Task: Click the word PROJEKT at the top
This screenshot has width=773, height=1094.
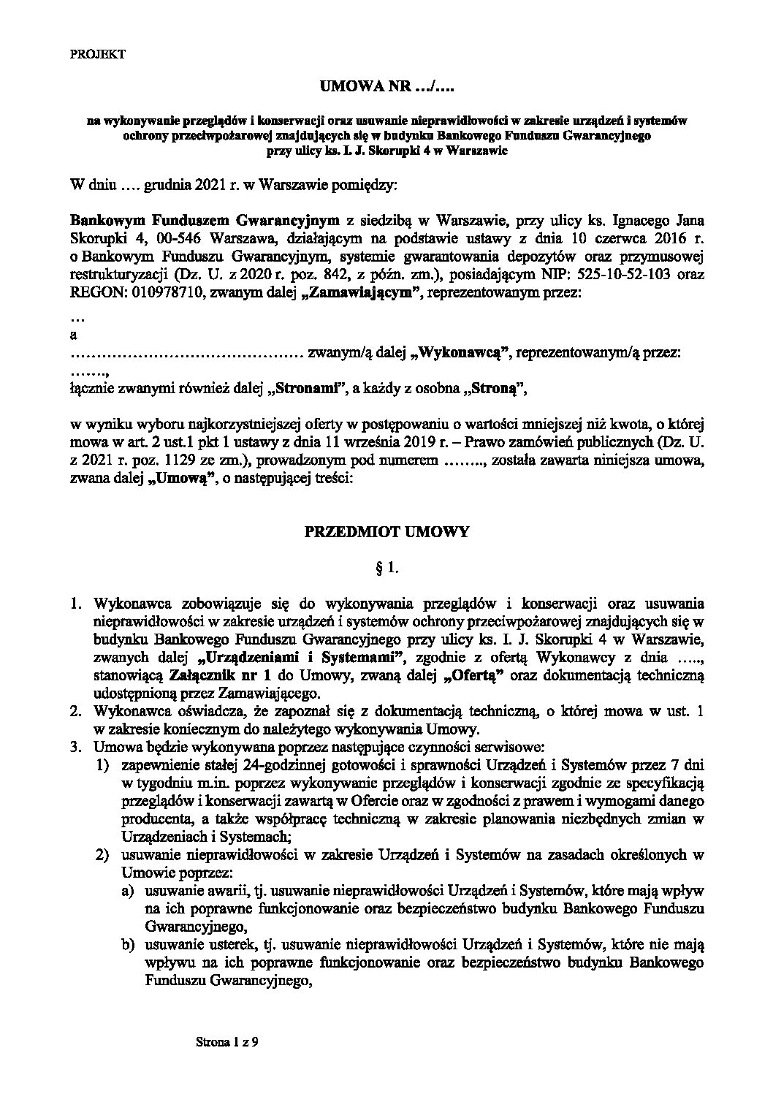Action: click(98, 54)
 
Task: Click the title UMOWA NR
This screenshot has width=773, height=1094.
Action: click(386, 88)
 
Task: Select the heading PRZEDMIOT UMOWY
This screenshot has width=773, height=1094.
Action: click(386, 533)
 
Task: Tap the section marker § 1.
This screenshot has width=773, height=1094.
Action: click(386, 566)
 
